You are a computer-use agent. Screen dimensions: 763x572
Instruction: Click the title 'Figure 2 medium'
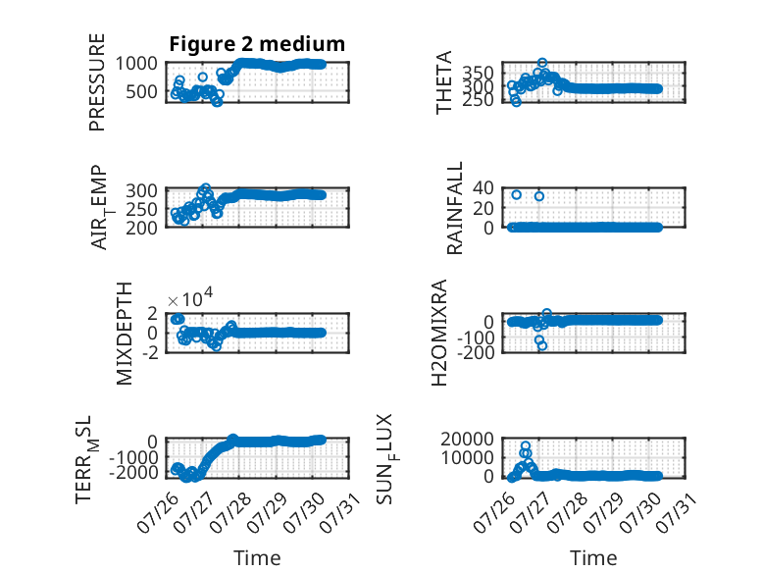click(x=257, y=44)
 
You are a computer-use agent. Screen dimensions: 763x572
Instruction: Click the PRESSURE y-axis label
click(x=97, y=81)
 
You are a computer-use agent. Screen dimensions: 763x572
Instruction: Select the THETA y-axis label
click(x=444, y=82)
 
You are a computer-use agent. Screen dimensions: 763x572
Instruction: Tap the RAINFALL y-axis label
click(x=454, y=208)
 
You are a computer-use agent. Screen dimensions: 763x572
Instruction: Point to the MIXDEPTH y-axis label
click(x=125, y=333)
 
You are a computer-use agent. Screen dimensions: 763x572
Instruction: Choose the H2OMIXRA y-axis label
click(x=439, y=333)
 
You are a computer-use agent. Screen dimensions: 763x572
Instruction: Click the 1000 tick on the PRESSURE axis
click(x=136, y=64)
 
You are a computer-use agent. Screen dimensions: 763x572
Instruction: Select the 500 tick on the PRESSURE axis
click(x=141, y=91)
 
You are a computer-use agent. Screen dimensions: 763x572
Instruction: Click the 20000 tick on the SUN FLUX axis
click(x=467, y=440)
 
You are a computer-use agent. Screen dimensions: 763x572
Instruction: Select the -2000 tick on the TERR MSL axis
click(x=132, y=472)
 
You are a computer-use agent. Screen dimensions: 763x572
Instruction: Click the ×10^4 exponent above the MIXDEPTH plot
click(x=190, y=298)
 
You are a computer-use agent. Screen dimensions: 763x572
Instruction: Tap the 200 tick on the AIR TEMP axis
click(x=141, y=228)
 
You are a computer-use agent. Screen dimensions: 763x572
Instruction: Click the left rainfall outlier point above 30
click(x=517, y=194)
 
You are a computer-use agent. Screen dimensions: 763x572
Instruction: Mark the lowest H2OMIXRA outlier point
click(x=542, y=346)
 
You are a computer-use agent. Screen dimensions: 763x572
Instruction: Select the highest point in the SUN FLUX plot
click(x=526, y=445)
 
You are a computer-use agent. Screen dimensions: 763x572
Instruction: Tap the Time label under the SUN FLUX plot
click(x=593, y=558)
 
